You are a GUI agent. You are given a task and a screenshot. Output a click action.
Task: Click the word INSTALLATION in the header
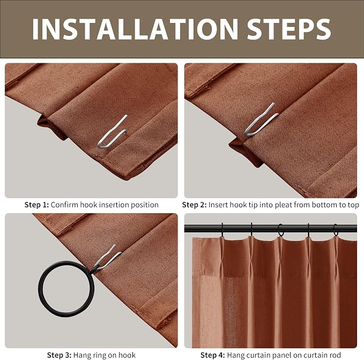[x=135, y=29]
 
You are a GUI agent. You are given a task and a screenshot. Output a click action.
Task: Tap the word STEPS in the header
[x=289, y=29]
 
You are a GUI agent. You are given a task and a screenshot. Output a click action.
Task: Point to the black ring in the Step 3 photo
[x=40, y=289]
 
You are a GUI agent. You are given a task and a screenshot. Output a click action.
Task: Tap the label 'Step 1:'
[x=36, y=205]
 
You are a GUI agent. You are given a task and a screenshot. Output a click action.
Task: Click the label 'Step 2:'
[x=194, y=205]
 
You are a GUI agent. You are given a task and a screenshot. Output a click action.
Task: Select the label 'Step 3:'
[x=59, y=355]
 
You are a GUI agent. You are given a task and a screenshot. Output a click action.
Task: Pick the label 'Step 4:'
[x=213, y=355]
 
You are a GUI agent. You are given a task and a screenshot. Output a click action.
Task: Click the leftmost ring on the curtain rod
[x=222, y=230]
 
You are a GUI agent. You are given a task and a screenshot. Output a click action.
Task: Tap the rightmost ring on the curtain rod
[x=336, y=230]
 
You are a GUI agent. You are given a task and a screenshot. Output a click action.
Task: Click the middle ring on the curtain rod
[x=281, y=230]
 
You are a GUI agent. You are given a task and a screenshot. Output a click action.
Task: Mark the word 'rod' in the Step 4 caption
[x=335, y=355]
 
